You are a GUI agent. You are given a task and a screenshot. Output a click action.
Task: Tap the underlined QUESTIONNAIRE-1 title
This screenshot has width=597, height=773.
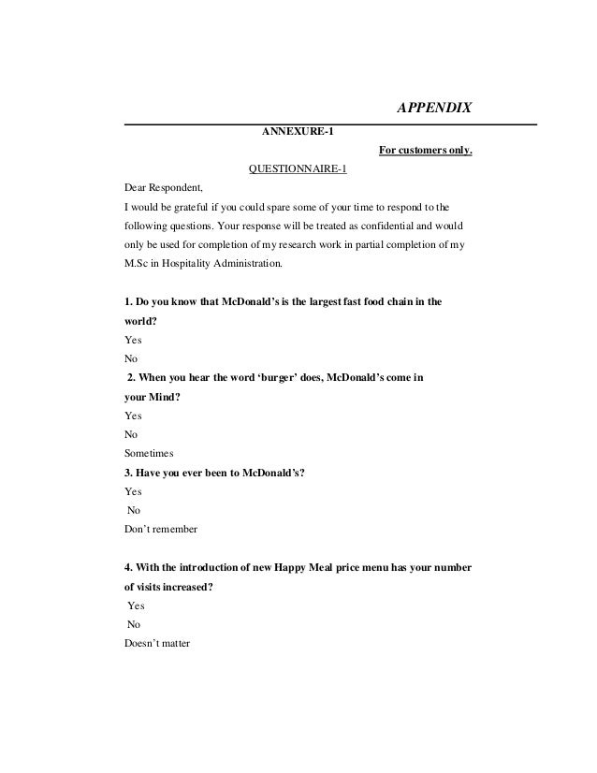[297, 168]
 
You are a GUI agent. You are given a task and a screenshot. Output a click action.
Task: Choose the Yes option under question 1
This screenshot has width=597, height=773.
[134, 342]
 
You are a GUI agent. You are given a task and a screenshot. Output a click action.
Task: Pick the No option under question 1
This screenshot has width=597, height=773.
[132, 358]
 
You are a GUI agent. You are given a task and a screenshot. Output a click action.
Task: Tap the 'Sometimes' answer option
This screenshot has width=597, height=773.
[149, 450]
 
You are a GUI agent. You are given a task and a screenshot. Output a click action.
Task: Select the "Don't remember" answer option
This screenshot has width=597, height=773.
[160, 529]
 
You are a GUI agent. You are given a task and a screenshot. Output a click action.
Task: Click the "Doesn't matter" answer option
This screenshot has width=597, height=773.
[156, 643]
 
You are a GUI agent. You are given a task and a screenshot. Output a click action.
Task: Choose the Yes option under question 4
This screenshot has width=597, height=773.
[136, 605]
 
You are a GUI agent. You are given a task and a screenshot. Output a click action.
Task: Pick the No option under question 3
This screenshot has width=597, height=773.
[134, 510]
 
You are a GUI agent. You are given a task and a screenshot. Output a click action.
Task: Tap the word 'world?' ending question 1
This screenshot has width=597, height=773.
[140, 323]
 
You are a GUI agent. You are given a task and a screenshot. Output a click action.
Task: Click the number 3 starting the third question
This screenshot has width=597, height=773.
[128, 473]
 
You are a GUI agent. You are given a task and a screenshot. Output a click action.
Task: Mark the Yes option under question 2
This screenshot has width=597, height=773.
[134, 415]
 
